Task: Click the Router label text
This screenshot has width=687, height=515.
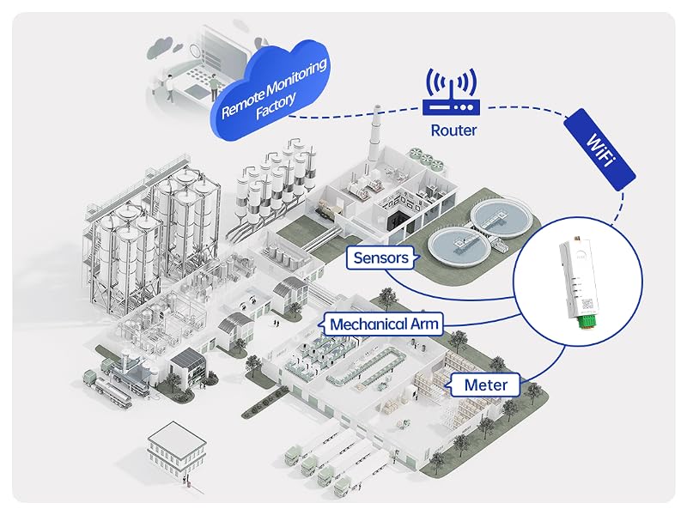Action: click(x=453, y=130)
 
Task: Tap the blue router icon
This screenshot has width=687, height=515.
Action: click(x=452, y=92)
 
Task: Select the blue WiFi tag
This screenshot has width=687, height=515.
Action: click(x=599, y=149)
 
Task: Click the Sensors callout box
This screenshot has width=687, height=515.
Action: click(x=380, y=257)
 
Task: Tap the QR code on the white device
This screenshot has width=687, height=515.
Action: click(x=587, y=304)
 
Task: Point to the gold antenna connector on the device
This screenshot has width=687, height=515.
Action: click(x=577, y=239)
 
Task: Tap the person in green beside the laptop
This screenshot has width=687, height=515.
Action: click(x=214, y=87)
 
